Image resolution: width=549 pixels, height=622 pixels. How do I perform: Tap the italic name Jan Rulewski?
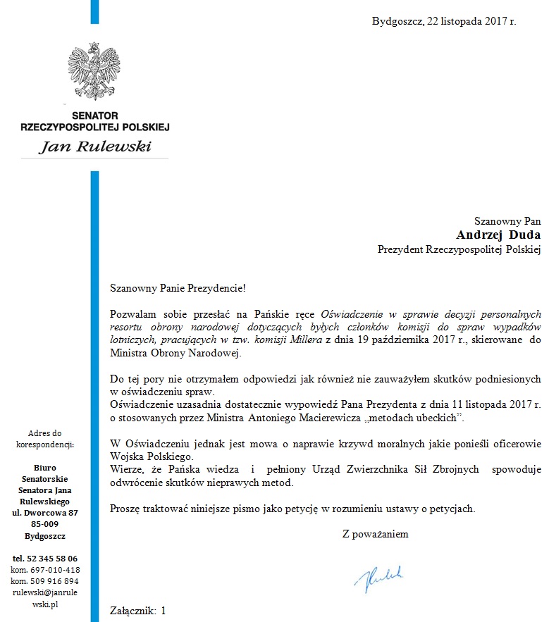[x=94, y=147]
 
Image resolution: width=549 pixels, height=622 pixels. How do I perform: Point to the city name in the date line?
[x=397, y=21]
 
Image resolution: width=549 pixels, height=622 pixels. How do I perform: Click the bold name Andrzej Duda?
[x=498, y=235]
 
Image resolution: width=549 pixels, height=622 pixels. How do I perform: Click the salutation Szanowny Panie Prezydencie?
[x=179, y=287]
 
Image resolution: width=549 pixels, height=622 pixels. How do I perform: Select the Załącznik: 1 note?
[x=138, y=611]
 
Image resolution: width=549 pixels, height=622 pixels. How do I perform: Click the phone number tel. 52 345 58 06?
[x=45, y=559]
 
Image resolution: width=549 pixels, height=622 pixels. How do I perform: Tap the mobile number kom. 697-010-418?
[x=45, y=570]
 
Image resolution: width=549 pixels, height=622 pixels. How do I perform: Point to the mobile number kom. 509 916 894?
[x=45, y=581]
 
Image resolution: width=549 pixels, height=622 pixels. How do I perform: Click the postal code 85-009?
[x=45, y=524]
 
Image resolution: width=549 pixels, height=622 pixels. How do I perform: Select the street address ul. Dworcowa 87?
[x=45, y=513]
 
